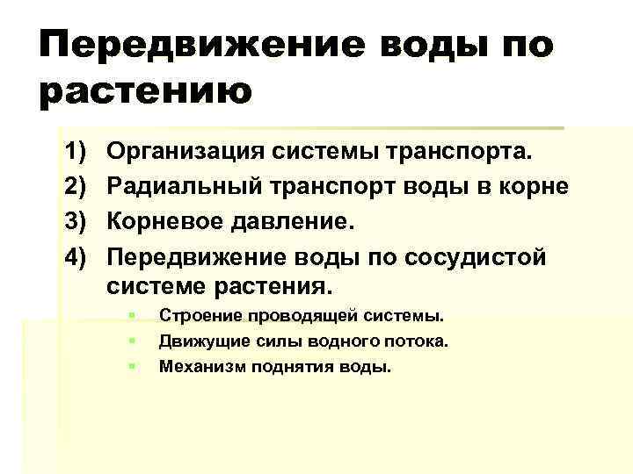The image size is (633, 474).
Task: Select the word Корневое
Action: (x=164, y=221)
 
